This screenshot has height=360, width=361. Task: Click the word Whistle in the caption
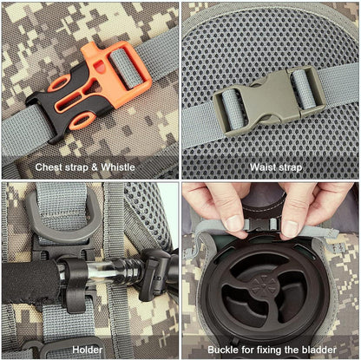click(118, 167)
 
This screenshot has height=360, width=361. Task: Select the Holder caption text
click(88, 350)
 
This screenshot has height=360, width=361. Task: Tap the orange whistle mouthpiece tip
click(86, 49)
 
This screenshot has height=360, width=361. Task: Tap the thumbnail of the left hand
click(234, 223)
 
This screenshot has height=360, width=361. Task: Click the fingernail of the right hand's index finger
click(290, 228)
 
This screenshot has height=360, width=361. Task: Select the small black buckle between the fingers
click(262, 223)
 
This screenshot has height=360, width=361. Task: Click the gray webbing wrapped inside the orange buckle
click(126, 69)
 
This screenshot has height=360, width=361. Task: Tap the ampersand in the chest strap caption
click(95, 167)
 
